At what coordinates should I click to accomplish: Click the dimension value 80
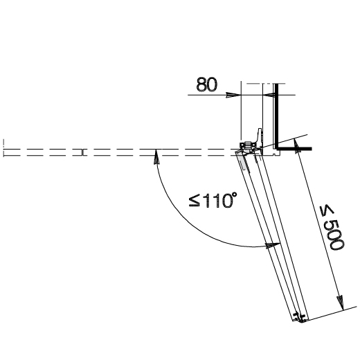[x=207, y=84]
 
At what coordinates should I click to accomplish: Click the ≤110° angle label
[x=213, y=200]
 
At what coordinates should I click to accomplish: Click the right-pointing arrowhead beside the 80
[x=233, y=95]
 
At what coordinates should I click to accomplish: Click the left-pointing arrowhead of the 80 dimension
[x=269, y=95]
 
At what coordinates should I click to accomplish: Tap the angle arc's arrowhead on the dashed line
[x=156, y=156]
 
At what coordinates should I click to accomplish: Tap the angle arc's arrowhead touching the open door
[x=273, y=245]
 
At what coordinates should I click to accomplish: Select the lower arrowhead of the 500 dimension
[x=341, y=303]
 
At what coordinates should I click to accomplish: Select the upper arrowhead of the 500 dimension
[x=297, y=146]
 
